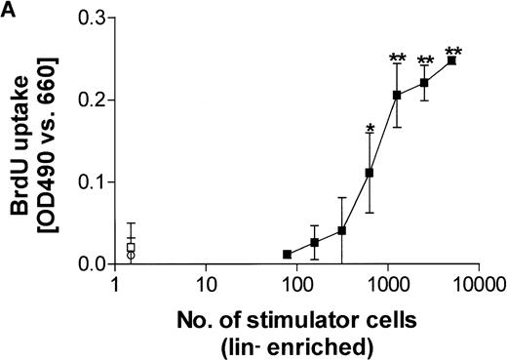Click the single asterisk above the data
tap(370, 129)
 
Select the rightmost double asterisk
tap(451, 52)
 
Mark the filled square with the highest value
tap(451, 60)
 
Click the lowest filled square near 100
tap(287, 254)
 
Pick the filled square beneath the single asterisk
tap(370, 173)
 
